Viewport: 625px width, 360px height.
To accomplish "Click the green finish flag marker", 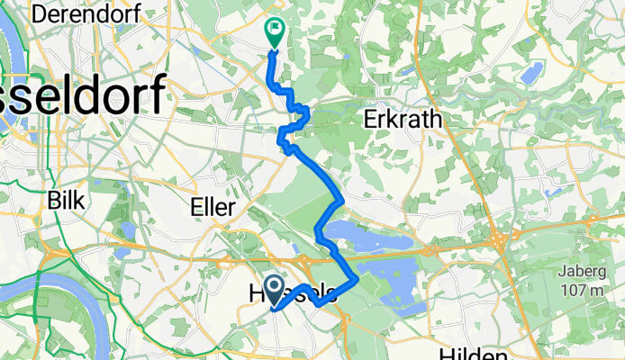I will tap(274, 33).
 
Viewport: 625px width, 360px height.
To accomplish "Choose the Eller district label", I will tap(213, 207).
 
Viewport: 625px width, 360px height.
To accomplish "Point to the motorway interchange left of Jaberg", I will tap(498, 241).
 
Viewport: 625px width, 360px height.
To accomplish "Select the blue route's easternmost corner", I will tap(358, 279).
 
